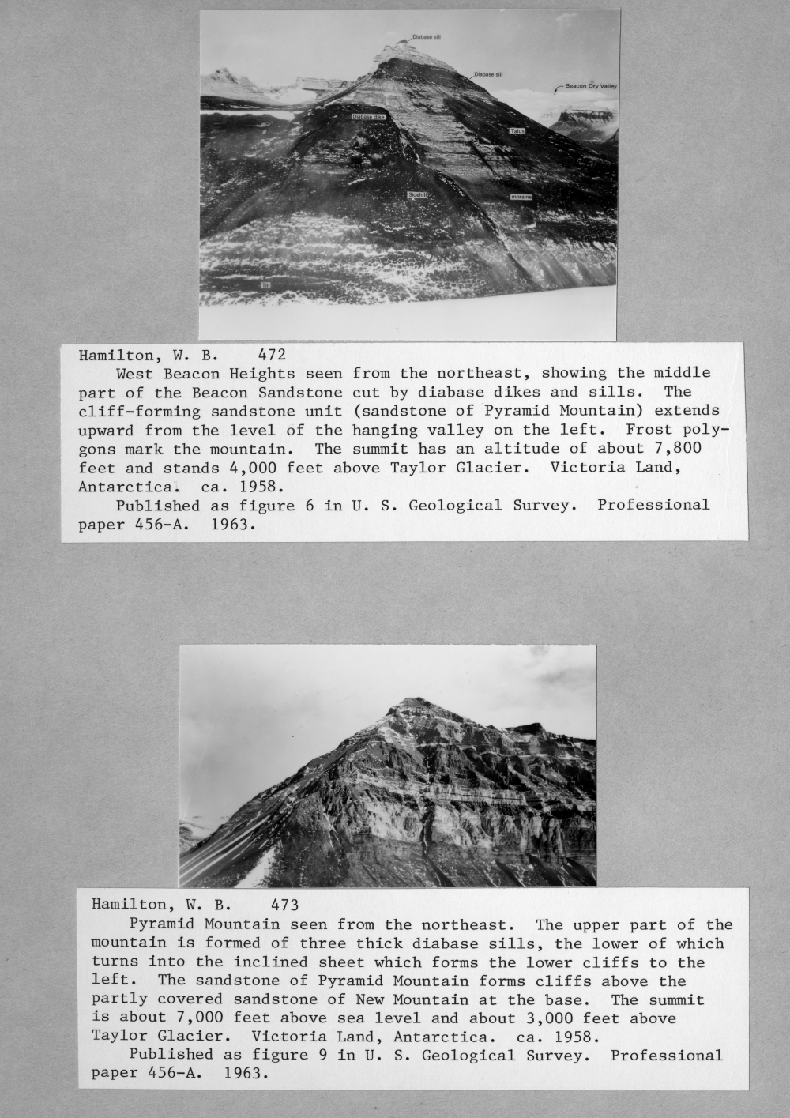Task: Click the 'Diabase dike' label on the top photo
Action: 368,117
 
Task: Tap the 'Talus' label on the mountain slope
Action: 517,131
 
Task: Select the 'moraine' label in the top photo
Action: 521,197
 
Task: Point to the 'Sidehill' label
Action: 417,194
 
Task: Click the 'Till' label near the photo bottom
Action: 265,284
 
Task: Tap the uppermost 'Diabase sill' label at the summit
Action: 427,37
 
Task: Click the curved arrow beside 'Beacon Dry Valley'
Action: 559,87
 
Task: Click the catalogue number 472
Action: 272,355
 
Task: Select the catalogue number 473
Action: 284,905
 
